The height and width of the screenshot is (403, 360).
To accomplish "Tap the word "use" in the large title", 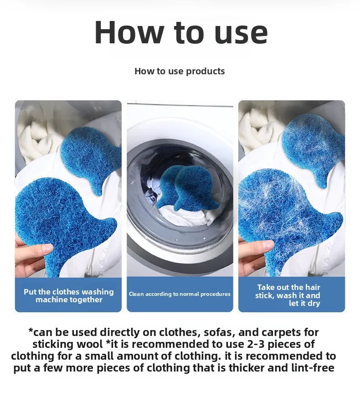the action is click(241, 35).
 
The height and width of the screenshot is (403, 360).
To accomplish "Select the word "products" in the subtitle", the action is click(206, 72).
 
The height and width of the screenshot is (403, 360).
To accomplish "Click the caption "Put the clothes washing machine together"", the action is click(69, 295).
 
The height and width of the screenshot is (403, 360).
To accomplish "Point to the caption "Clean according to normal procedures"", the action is click(180, 294).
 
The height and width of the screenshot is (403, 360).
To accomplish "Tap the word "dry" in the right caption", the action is click(314, 304).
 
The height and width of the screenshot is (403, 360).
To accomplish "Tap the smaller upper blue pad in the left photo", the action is click(91, 158).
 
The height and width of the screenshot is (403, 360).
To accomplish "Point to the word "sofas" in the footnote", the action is click(219, 332).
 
